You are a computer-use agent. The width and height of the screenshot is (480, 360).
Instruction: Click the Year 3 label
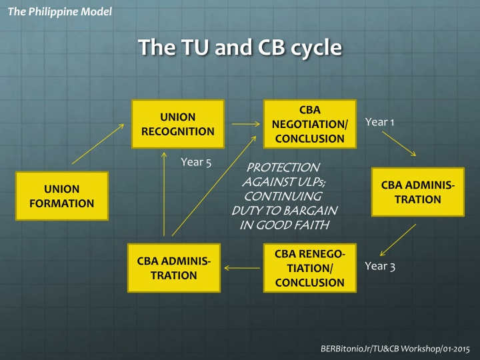tap(381, 267)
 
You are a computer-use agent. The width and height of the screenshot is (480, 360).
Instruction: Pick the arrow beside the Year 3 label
tap(397, 240)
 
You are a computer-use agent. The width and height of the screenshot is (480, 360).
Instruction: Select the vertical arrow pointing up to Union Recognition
tap(165, 194)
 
